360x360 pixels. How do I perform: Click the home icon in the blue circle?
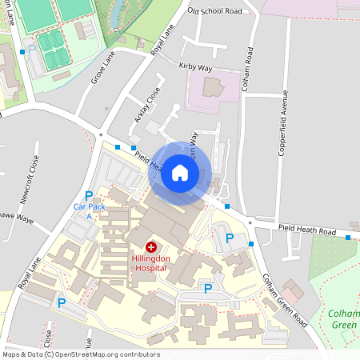(179, 172)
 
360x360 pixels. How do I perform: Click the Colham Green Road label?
(285, 300)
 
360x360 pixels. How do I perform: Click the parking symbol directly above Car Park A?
(89, 195)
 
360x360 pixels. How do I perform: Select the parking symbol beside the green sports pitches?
(32, 49)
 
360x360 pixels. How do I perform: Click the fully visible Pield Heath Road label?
(307, 230)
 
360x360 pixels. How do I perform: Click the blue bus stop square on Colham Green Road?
(251, 243)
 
